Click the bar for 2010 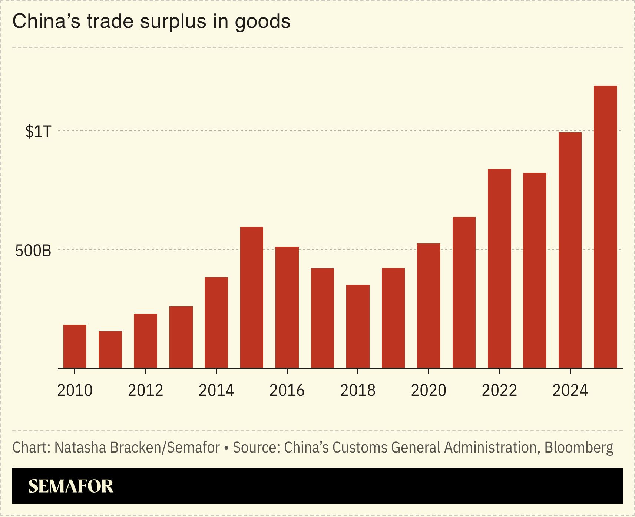click(x=75, y=346)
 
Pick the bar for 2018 click(x=358, y=326)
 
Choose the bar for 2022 click(x=499, y=268)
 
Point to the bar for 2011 click(x=110, y=349)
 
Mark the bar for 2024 click(x=570, y=250)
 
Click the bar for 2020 click(x=429, y=306)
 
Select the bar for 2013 click(x=181, y=337)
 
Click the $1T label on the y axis click(x=38, y=132)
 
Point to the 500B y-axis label click(x=33, y=251)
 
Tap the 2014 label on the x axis click(x=216, y=391)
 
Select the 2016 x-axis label click(x=287, y=391)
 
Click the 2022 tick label click(x=499, y=391)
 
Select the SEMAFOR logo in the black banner click(x=70, y=486)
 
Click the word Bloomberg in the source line click(x=579, y=447)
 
